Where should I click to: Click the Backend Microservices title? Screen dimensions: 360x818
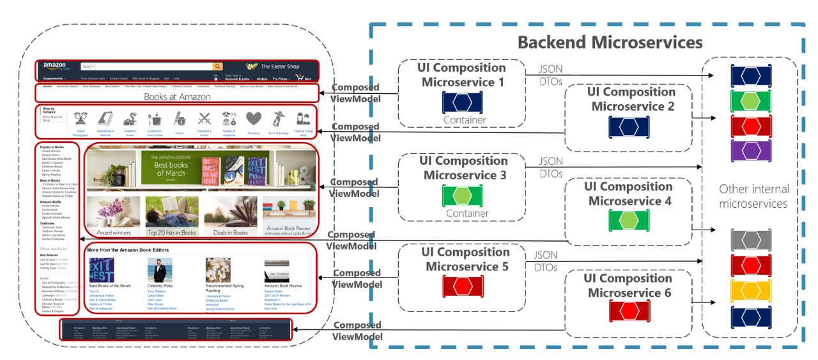coord(610,42)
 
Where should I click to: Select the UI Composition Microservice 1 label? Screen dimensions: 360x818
coord(461,75)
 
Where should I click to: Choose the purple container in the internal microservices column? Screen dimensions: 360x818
coord(751,150)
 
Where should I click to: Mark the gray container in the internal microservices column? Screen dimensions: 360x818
coord(751,239)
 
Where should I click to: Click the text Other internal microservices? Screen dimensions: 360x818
coord(753,196)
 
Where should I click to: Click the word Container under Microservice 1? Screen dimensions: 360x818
coord(465,120)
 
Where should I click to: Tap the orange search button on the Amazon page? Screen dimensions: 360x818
coord(217,67)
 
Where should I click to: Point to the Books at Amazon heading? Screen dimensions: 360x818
coord(177,97)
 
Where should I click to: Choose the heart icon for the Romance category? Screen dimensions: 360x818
coord(254,118)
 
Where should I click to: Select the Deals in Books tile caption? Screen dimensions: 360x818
coord(231,233)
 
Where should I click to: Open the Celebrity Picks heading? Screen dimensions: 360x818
coord(160,286)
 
